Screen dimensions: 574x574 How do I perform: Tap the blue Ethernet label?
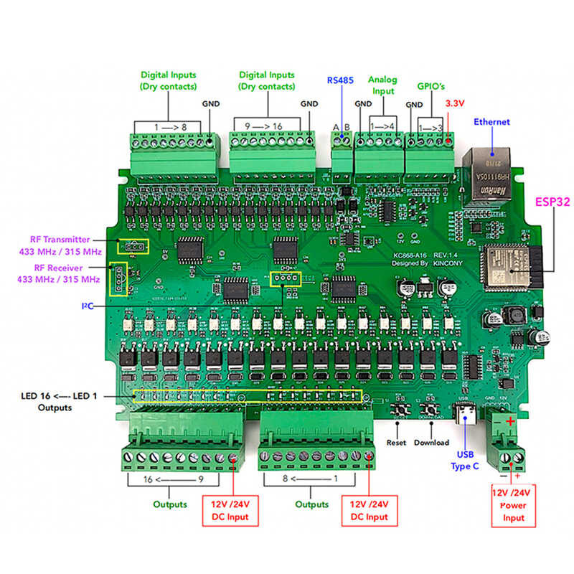pos(491,122)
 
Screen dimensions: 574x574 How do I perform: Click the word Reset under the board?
pos(396,443)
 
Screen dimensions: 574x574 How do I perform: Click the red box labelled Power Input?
pos(514,505)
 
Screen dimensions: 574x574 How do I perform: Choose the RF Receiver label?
pos(60,273)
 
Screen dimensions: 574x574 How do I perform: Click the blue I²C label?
pos(86,306)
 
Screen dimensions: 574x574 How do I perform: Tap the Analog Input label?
pos(382,85)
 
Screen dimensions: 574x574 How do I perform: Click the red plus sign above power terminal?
pos(510,422)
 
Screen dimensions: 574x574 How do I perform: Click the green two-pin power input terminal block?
pos(506,448)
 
